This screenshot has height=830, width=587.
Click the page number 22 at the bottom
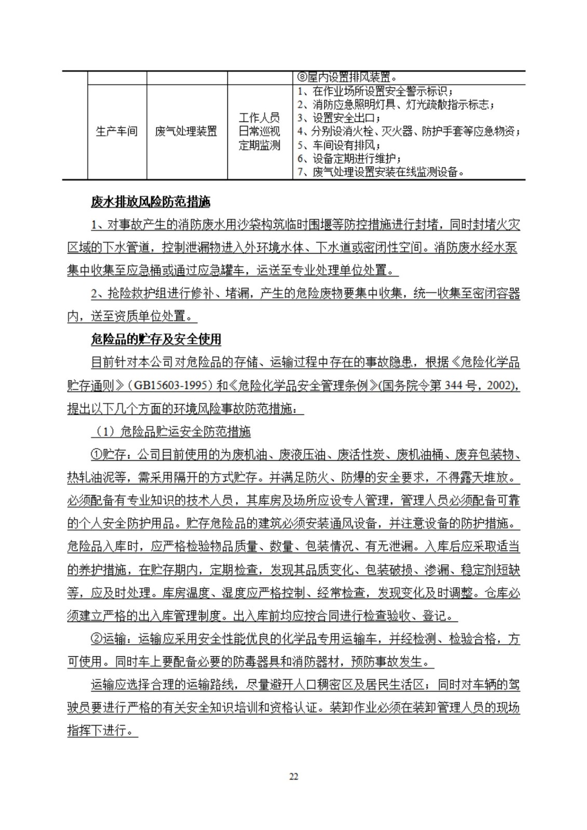pos(293,777)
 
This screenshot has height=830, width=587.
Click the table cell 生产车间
pos(117,131)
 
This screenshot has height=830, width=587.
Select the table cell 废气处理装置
pos(186,131)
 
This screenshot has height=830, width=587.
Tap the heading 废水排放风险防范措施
pos(151,202)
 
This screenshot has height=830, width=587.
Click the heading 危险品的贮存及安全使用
pos(156,339)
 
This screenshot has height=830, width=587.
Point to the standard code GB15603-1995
pos(170,386)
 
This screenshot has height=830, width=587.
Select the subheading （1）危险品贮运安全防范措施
pos(171,432)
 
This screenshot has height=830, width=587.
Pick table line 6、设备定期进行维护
pos(349,159)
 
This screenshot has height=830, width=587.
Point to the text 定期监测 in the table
pos(259,145)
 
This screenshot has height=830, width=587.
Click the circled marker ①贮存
pos(108,455)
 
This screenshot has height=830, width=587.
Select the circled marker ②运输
pos(108,639)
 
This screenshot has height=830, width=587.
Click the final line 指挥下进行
pos(102,730)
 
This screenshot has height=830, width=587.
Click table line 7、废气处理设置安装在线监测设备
pos(381,172)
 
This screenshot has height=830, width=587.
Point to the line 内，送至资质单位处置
pos(132,316)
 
